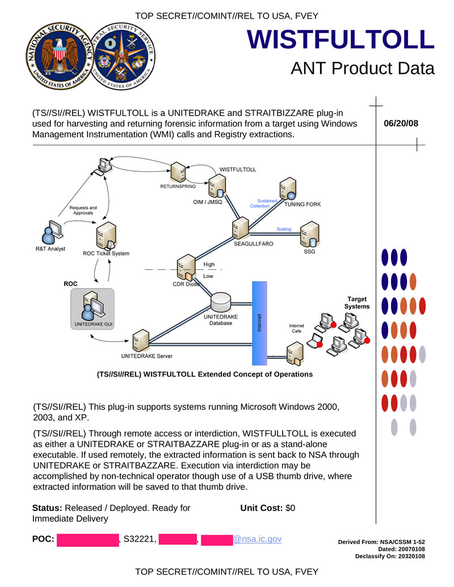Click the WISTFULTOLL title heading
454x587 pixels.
click(340, 40)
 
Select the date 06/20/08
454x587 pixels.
click(401, 123)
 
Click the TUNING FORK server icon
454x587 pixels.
click(288, 189)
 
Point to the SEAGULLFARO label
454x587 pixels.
click(254, 244)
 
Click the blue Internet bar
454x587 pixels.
click(259, 323)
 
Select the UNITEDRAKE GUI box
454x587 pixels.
click(93, 309)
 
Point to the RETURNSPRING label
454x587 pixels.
click(178, 186)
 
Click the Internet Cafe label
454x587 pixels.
click(296, 328)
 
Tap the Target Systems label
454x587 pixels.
click(356, 303)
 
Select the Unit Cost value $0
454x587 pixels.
click(290, 508)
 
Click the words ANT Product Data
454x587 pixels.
click(362, 68)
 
